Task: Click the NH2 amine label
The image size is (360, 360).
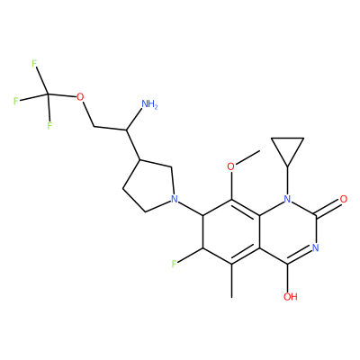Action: click(149, 104)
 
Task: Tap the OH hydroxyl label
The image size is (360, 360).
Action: click(290, 297)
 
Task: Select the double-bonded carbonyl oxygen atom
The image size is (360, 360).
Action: click(344, 199)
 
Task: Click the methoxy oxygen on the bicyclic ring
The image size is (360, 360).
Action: click(230, 166)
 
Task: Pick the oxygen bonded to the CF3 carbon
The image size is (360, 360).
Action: click(80, 97)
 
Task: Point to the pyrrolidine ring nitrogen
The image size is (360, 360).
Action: click(174, 199)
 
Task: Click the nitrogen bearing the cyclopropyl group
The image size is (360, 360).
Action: click(287, 199)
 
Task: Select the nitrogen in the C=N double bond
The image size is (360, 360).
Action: click(315, 247)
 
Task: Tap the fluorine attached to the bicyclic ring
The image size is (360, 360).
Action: click(174, 264)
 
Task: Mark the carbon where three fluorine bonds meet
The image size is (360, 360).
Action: click(48, 94)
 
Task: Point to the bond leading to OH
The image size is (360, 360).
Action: click(288, 277)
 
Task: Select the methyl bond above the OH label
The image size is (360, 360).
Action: click(231, 281)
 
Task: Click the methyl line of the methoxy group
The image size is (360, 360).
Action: click(247, 157)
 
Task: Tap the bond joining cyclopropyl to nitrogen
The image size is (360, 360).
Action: click(287, 180)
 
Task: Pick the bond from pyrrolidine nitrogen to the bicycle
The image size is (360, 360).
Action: click(191, 208)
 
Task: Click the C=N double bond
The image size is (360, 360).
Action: click(300, 256)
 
